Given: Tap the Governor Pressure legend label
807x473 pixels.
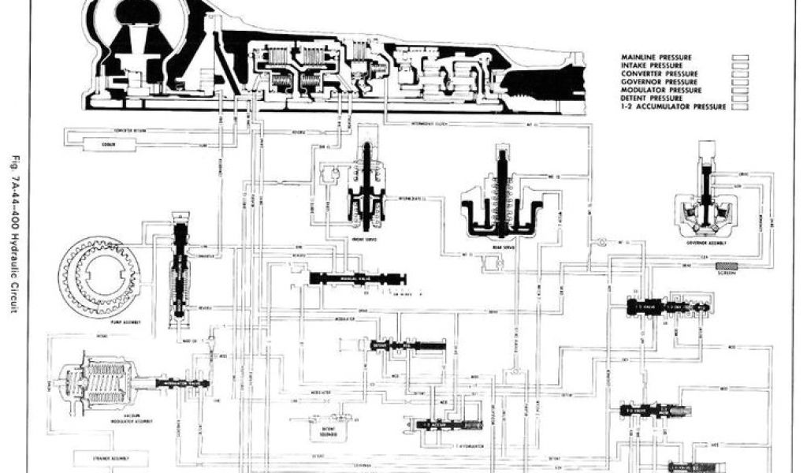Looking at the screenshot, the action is [660, 82].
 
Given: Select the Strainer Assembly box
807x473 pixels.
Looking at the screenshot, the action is [103, 457].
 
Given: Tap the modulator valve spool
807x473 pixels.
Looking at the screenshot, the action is [182, 383].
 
